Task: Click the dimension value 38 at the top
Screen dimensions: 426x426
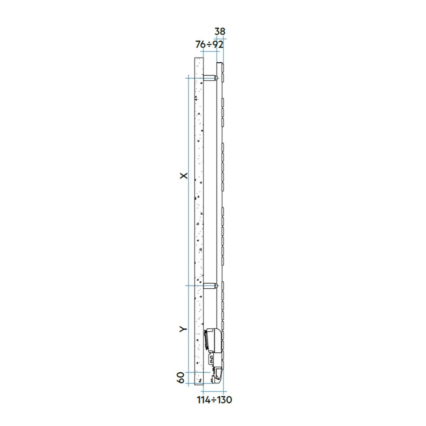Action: tap(220, 32)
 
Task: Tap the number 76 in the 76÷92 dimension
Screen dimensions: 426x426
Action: tap(200, 44)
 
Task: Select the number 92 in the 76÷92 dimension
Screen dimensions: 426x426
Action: tap(218, 44)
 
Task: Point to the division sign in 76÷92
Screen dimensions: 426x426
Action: tap(209, 45)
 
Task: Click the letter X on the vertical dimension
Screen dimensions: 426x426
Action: tap(183, 175)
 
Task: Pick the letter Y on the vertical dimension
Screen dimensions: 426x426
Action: tap(183, 329)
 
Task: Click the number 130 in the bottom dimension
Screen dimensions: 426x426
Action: tap(224, 400)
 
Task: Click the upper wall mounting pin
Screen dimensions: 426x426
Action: tap(210, 78)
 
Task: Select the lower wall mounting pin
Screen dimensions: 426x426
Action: tap(210, 287)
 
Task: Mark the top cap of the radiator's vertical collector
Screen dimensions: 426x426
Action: tap(219, 64)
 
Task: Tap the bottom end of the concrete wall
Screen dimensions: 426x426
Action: tap(198, 384)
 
